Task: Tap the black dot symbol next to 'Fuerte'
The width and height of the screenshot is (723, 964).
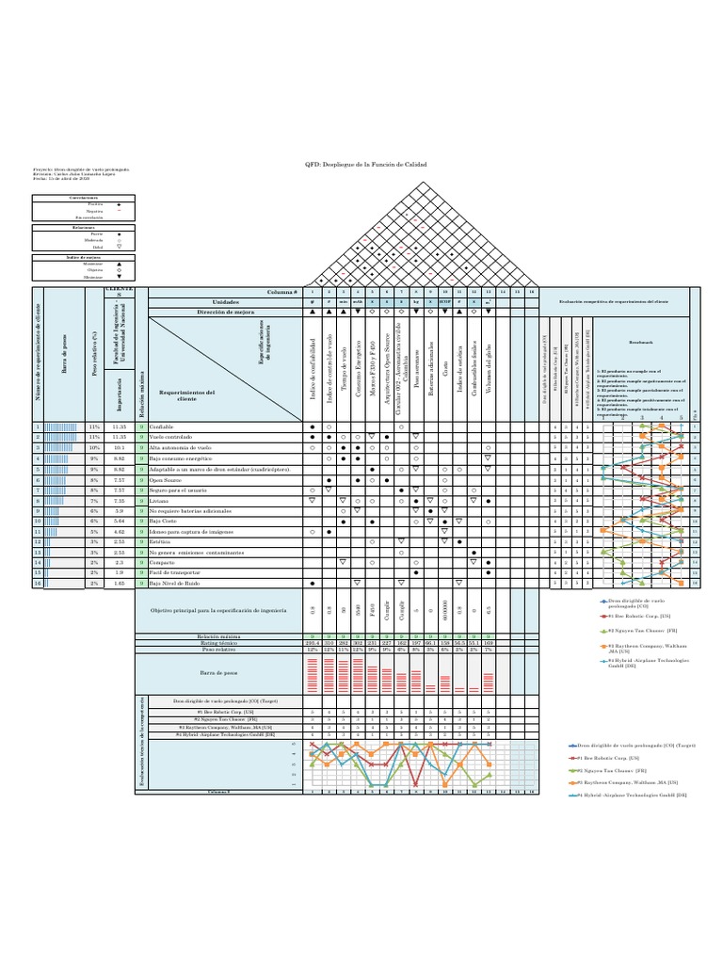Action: [119, 233]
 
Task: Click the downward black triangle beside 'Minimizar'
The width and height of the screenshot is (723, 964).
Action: [119, 277]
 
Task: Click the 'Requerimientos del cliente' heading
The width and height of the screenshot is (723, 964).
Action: [188, 394]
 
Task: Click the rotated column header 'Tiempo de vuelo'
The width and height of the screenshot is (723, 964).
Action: [345, 372]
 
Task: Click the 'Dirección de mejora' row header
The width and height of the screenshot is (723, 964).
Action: [228, 310]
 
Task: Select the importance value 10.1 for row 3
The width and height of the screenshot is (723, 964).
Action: [120, 448]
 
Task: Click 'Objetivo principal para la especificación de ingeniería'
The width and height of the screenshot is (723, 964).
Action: [227, 614]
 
